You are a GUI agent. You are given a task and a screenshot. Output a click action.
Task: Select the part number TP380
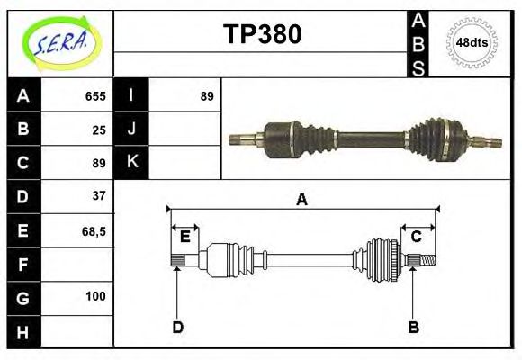262,34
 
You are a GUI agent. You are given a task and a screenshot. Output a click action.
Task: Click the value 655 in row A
95,96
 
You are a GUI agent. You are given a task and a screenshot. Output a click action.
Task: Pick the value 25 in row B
99,130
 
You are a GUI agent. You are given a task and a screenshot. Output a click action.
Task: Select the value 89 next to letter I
207,96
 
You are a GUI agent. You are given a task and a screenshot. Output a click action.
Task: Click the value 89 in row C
99,163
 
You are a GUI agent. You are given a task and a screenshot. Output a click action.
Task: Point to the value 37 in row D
99,195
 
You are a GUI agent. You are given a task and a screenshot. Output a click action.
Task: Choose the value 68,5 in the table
94,230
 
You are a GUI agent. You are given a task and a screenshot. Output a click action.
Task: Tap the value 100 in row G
96,296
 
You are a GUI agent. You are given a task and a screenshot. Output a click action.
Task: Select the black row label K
132,163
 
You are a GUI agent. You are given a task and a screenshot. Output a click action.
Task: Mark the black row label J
132,130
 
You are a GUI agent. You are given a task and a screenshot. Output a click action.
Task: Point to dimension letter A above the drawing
302,200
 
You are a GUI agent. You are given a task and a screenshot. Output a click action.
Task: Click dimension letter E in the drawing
184,237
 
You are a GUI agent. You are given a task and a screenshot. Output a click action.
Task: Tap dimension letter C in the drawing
417,237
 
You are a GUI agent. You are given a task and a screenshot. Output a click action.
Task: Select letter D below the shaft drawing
177,327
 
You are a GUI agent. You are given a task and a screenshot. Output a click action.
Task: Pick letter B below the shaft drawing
414,327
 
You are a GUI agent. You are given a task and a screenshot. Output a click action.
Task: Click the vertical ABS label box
418,43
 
